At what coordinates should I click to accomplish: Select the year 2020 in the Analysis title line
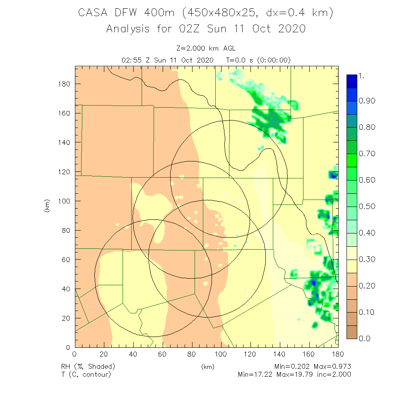point(291,29)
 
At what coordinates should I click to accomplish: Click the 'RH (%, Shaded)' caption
point(88,367)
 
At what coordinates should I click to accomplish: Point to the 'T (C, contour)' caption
point(86,375)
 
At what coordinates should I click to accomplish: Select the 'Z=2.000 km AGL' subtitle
point(206,49)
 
